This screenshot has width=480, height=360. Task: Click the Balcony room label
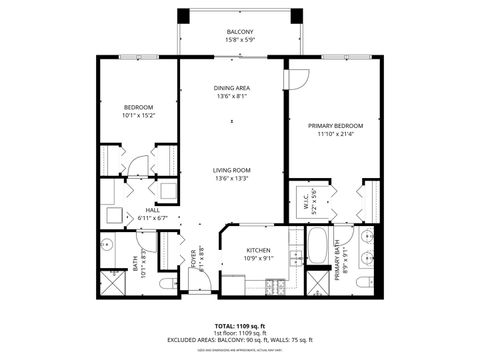[x=239, y=32]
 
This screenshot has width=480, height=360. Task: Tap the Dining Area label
[x=231, y=89]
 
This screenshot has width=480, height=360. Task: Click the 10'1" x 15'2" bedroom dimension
[x=138, y=115]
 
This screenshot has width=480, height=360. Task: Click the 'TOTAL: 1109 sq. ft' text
[x=239, y=326]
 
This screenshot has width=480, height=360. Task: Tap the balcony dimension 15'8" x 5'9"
[x=239, y=41]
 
